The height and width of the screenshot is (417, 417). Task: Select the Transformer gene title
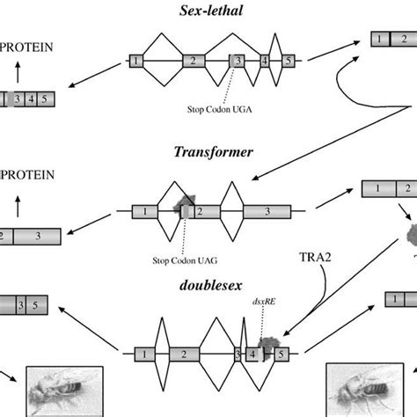click(x=214, y=151)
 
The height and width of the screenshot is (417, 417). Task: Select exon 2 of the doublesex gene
click(x=184, y=354)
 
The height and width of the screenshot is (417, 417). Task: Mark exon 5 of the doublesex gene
click(x=281, y=354)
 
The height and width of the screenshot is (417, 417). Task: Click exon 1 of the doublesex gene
click(x=141, y=354)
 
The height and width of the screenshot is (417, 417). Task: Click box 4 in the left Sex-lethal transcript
click(x=31, y=99)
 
